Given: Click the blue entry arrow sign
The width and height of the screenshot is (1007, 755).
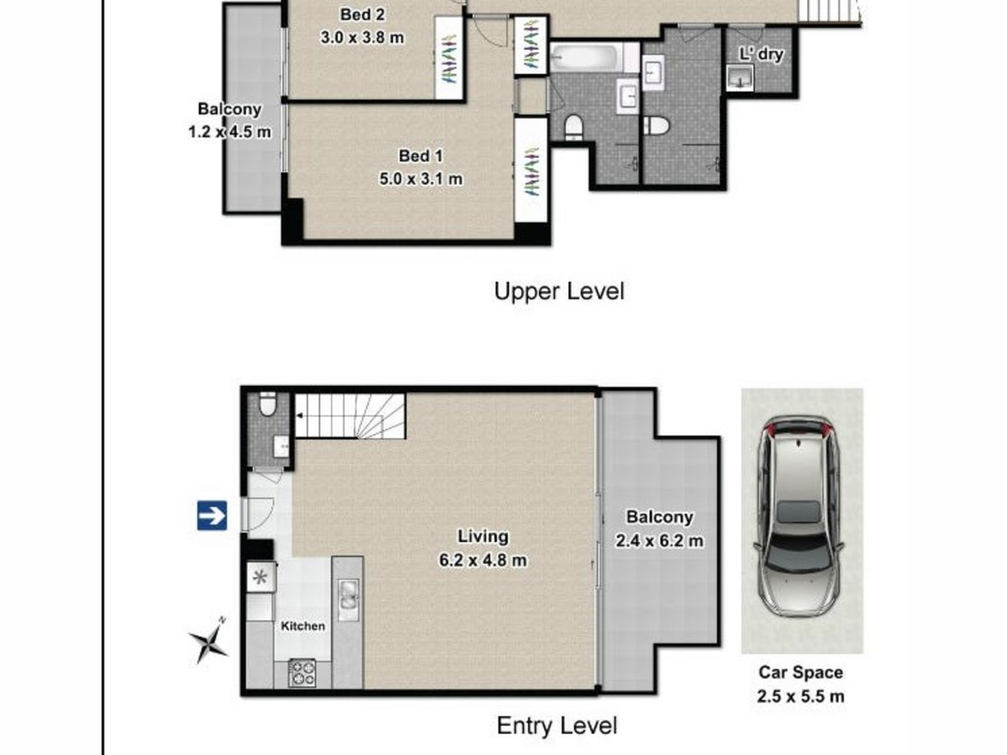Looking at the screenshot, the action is pos(212,516).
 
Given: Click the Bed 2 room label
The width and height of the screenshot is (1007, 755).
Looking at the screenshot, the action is pos(363,14).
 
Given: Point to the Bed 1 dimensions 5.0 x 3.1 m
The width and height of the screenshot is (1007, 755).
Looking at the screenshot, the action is pos(421,179).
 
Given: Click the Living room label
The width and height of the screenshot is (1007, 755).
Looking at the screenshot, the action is pos(483,536).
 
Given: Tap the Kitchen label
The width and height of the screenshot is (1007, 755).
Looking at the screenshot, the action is pos(303,626).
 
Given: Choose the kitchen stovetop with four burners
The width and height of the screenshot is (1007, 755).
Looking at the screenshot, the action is pos(302,673).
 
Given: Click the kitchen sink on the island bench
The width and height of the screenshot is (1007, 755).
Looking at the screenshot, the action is pos(348,594).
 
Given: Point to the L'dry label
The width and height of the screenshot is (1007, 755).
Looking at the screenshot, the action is pos(761,54).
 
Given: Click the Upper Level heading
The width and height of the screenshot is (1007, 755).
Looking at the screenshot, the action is pos(559,291).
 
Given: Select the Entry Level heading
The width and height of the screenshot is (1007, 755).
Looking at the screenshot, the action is pos(557,725).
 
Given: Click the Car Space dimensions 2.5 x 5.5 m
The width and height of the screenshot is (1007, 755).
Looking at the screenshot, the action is pos(800,696).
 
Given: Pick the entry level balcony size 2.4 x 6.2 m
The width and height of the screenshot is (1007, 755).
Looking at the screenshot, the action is pos(659,541).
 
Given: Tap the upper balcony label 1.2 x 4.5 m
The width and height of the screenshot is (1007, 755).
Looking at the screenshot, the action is pos(229,131).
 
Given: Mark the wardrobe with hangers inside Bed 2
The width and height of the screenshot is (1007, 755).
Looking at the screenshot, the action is pos(449,58).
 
